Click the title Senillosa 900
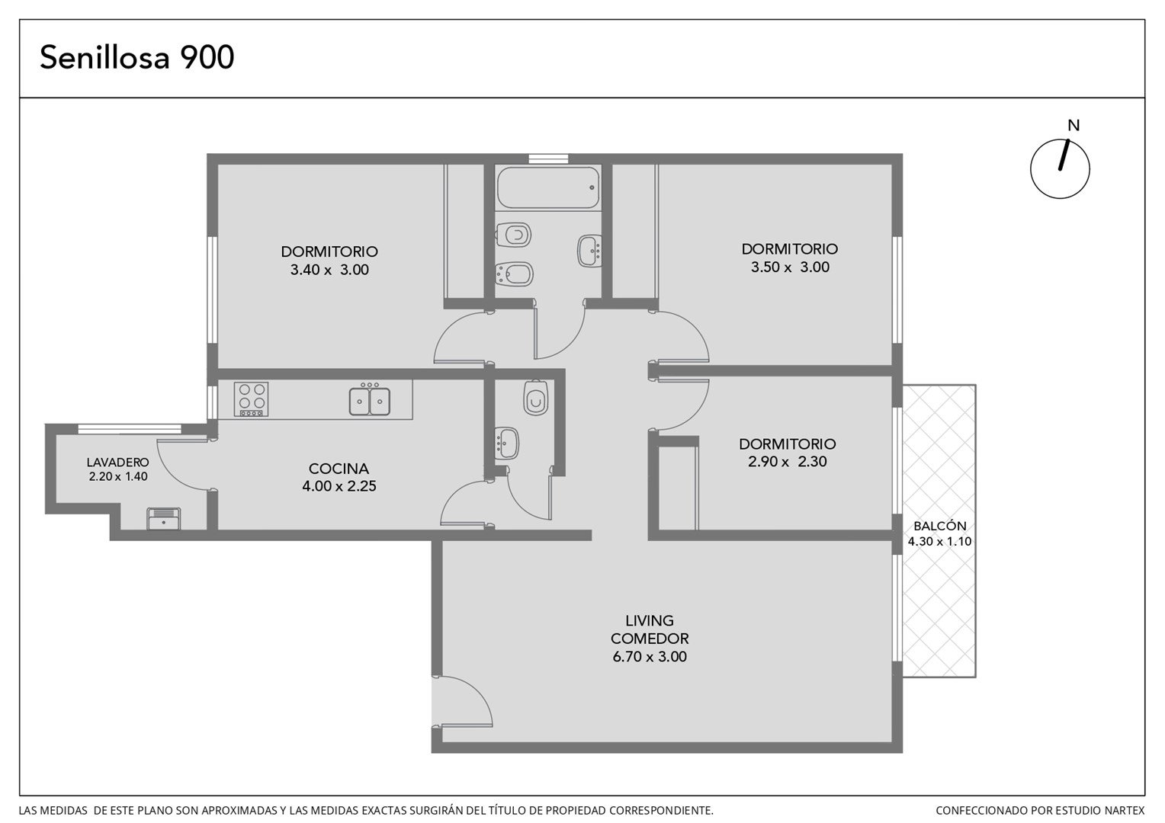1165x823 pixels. tap(136, 57)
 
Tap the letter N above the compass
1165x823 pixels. tap(1074, 125)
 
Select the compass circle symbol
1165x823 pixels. tap(1060, 169)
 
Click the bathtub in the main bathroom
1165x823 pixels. tap(548, 187)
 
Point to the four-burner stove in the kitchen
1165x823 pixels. tap(251, 399)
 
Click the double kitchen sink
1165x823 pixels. tap(370, 400)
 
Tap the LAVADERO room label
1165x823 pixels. tap(117, 462)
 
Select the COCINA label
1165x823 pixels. tap(339, 469)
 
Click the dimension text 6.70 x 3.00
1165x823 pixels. tap(650, 657)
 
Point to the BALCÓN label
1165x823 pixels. tap(940, 526)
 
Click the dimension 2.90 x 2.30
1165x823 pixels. tap(788, 461)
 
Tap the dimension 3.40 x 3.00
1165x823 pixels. tap(329, 269)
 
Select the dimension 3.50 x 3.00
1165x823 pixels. tap(790, 267)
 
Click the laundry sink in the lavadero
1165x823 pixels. tap(164, 518)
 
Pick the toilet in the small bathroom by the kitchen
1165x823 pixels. tap(536, 398)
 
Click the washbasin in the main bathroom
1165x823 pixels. tap(590, 251)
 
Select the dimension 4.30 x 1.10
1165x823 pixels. tap(940, 542)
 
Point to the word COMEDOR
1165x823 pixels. tap(650, 639)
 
